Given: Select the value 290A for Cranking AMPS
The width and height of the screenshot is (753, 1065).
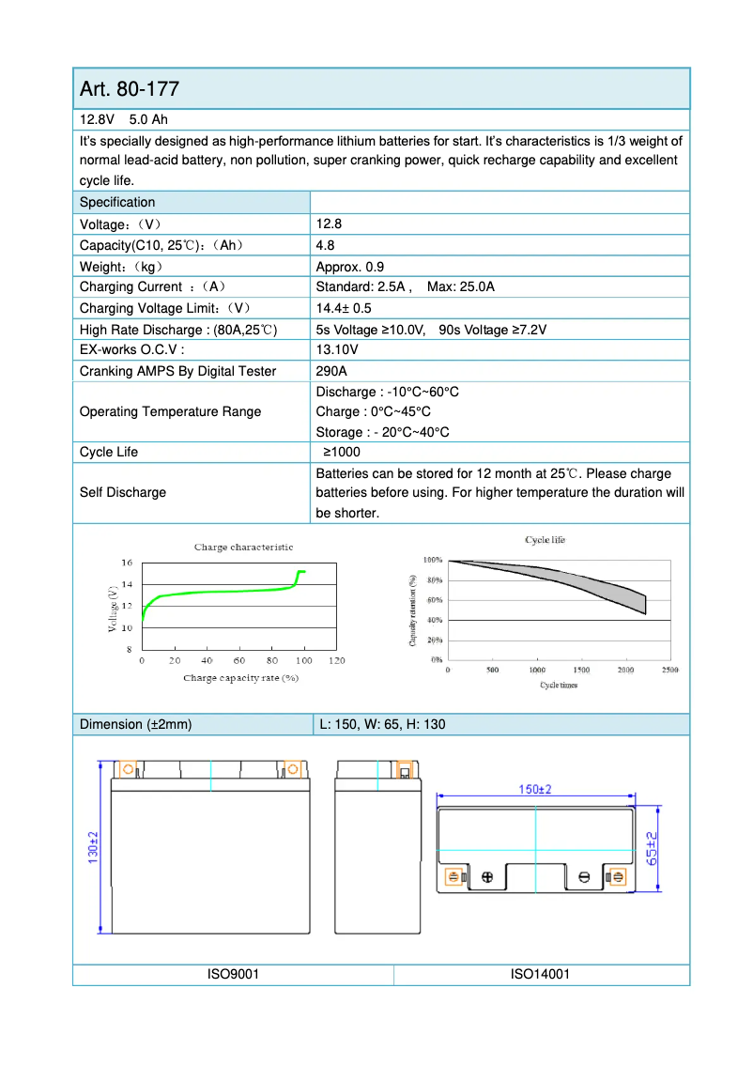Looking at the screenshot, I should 331,371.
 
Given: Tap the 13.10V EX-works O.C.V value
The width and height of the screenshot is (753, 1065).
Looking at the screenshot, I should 337,349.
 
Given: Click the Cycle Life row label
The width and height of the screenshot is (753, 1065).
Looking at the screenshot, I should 109,452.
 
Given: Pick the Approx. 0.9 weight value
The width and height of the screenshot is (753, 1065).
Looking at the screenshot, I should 349,267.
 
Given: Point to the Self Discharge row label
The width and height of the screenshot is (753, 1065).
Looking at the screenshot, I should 123,492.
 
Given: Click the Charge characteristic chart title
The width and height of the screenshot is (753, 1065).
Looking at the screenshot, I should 243,547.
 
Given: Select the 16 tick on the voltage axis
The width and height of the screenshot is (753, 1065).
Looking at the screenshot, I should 127,563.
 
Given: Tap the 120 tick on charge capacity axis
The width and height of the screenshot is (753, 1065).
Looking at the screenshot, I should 336,661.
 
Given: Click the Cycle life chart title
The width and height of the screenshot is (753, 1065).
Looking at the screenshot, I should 545,540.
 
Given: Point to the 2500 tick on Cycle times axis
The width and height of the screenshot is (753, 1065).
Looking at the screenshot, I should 669,671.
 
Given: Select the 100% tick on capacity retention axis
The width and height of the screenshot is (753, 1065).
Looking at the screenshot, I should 433,560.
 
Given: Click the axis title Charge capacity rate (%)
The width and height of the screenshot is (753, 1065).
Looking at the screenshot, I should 240,677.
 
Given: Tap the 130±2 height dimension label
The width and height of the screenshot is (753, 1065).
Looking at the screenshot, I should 94,847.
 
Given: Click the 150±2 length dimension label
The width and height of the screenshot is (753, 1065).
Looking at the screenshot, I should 535,790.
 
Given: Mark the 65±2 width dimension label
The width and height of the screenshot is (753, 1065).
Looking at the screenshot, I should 653,847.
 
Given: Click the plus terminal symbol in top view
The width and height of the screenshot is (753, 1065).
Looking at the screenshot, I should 486,877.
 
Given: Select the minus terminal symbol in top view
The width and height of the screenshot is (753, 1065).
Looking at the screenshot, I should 584,877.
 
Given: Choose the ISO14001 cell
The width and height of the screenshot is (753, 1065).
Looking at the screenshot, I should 540,975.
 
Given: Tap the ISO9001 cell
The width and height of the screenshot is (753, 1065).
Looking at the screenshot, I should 233,975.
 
